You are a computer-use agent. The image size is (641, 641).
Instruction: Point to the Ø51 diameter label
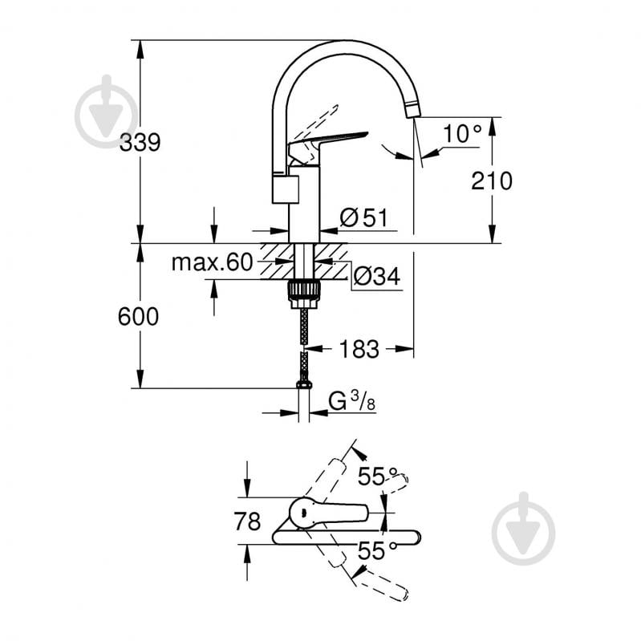click(x=363, y=217)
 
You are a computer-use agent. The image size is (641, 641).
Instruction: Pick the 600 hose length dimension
click(x=139, y=317)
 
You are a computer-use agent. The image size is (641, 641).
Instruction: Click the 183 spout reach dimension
click(x=359, y=349)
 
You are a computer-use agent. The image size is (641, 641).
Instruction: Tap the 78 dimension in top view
click(x=246, y=521)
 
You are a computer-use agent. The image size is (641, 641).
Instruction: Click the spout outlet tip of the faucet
click(x=413, y=111)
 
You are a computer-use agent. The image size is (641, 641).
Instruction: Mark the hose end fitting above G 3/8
click(x=303, y=384)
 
